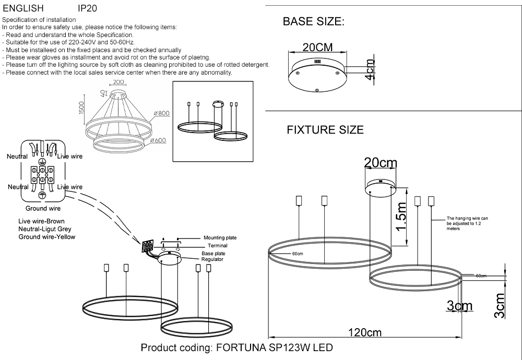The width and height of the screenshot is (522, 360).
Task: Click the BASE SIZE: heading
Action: point(313,22)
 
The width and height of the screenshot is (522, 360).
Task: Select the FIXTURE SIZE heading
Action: point(325,130)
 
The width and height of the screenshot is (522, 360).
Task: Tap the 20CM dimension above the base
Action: point(317,47)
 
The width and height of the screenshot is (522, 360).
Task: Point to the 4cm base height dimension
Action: point(370,70)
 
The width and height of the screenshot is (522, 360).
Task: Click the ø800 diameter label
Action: point(162,113)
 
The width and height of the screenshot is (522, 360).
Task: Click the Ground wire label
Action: point(43,208)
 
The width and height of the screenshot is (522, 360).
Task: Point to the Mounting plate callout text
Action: point(220,237)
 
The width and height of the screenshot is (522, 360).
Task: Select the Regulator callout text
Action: point(212,259)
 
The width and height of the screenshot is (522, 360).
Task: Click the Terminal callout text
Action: point(217,246)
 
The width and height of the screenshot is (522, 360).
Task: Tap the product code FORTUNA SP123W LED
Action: point(236,348)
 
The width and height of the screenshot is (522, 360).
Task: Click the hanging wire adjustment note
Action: point(467,224)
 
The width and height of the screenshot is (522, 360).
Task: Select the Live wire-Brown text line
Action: point(41,222)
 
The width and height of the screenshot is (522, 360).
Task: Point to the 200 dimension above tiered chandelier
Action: point(118,82)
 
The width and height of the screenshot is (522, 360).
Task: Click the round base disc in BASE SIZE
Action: point(317,76)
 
